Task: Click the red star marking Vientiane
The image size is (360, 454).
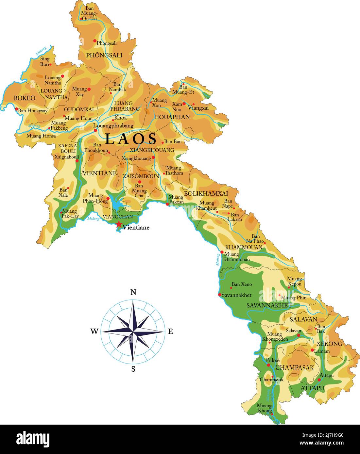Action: point(119,224)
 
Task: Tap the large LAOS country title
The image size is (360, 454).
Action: point(131,139)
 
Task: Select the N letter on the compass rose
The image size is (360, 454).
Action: point(133,292)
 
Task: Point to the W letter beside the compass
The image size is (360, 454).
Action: point(94,332)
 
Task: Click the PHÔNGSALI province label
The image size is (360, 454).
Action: point(104,55)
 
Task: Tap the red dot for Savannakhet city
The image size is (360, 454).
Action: point(220,295)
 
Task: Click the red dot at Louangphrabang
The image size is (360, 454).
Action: point(95,130)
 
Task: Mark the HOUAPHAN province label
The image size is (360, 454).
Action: point(172,117)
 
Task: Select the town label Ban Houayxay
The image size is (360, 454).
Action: point(33,111)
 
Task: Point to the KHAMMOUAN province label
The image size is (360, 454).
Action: point(244,247)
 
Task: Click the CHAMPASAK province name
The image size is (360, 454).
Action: point(294,368)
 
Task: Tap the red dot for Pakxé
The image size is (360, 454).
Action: point(268,365)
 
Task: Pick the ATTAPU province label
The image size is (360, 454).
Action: point(312,388)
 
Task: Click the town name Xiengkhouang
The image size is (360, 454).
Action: point(136,158)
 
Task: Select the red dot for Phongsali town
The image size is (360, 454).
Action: point(95,41)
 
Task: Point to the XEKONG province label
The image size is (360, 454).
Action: point(329,344)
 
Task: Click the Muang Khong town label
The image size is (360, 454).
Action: point(264,408)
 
